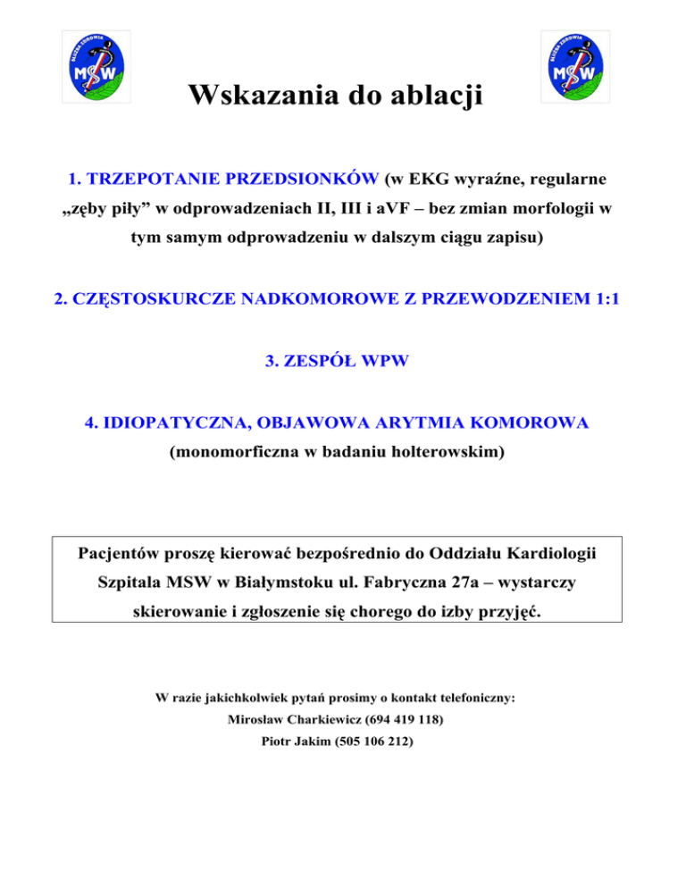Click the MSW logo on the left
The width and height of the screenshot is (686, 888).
click(96, 65)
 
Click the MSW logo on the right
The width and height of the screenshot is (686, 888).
click(577, 65)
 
